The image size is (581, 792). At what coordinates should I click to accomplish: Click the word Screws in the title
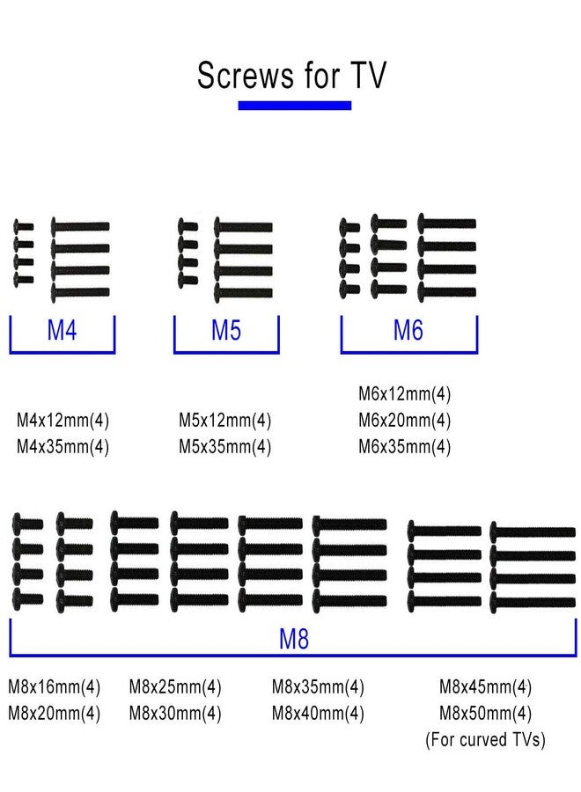(245, 76)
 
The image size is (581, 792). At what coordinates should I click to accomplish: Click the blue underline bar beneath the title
(295, 106)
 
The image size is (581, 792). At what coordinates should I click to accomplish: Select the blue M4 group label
(62, 330)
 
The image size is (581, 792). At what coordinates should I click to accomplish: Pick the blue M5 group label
(226, 330)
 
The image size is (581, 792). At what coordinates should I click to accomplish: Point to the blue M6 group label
(408, 330)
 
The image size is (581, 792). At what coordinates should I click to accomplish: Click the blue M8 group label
(293, 639)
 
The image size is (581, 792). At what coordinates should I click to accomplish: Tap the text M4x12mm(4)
(63, 421)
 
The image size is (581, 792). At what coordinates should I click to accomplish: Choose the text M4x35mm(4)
(63, 446)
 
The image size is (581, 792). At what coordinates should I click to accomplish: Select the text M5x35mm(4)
(224, 446)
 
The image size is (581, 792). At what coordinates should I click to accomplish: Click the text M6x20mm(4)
(405, 421)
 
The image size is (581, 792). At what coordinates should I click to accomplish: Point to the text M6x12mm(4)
(405, 394)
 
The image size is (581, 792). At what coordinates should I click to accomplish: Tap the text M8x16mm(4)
(54, 687)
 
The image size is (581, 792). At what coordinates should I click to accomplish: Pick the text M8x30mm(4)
(175, 713)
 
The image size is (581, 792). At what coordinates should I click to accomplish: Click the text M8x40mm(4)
(318, 713)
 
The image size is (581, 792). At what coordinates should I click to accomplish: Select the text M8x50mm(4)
(486, 713)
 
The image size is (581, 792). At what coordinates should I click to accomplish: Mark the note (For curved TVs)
(486, 739)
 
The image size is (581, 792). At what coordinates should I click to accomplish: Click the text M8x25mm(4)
(175, 687)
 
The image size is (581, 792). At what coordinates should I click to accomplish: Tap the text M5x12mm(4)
(224, 421)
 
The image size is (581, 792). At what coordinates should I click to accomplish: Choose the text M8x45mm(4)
(486, 687)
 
